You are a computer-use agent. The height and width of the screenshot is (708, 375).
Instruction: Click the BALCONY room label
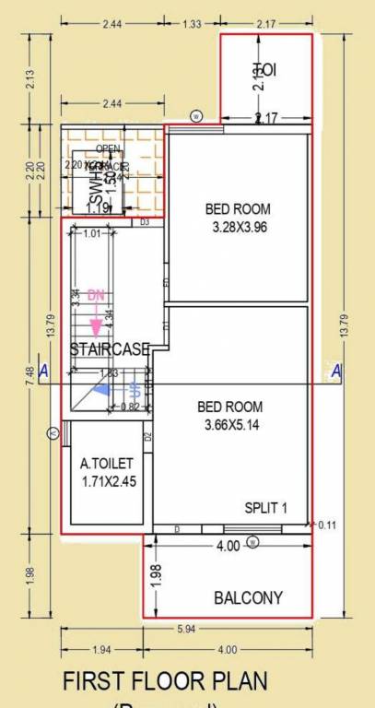248,597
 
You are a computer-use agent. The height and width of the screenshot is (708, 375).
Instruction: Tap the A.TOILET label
108,464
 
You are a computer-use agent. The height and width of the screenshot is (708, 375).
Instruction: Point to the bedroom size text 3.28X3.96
239,228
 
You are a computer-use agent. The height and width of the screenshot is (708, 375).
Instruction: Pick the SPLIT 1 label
266,508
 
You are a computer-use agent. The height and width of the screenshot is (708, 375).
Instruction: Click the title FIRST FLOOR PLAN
165,681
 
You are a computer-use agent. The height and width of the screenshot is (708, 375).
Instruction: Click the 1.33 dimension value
192,24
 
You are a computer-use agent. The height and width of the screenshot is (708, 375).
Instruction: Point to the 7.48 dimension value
30,372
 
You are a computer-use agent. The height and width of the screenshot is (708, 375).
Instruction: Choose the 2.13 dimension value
30,80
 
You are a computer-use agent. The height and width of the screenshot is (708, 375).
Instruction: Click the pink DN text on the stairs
97,296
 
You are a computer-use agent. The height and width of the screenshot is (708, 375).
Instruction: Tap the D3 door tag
145,222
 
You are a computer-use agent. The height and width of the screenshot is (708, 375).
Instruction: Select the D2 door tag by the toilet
146,436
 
